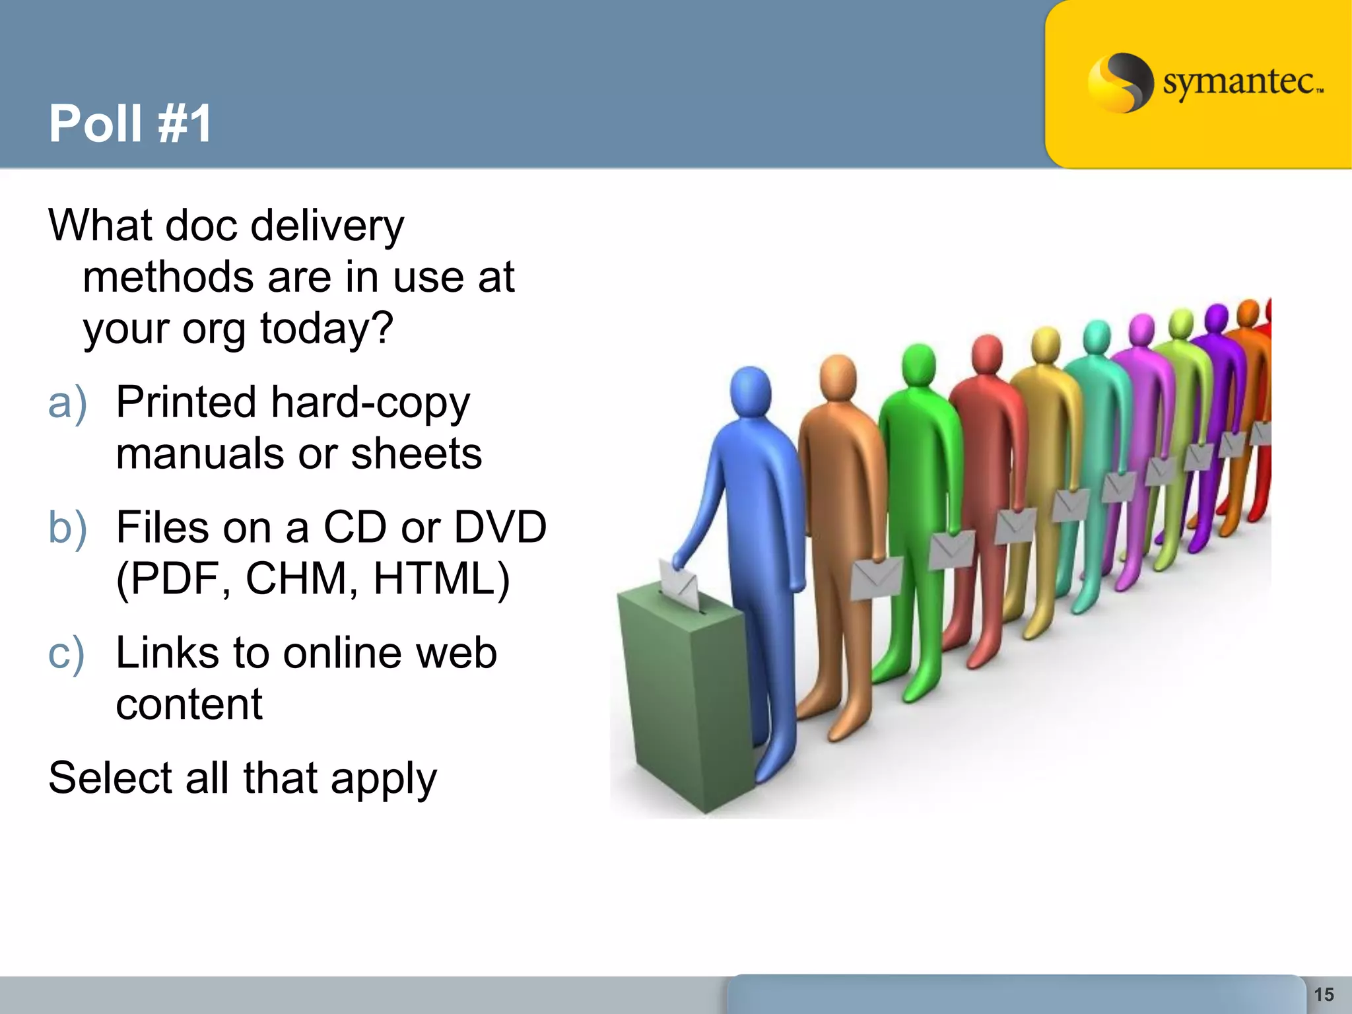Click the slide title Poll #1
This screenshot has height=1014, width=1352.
click(130, 123)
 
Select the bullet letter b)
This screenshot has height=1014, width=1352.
click(67, 527)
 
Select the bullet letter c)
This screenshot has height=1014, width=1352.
click(67, 653)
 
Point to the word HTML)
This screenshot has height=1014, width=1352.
click(441, 579)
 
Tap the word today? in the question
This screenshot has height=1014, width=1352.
click(327, 328)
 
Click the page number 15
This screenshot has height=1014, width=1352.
click(1324, 994)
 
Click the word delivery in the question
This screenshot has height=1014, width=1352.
click(327, 226)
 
